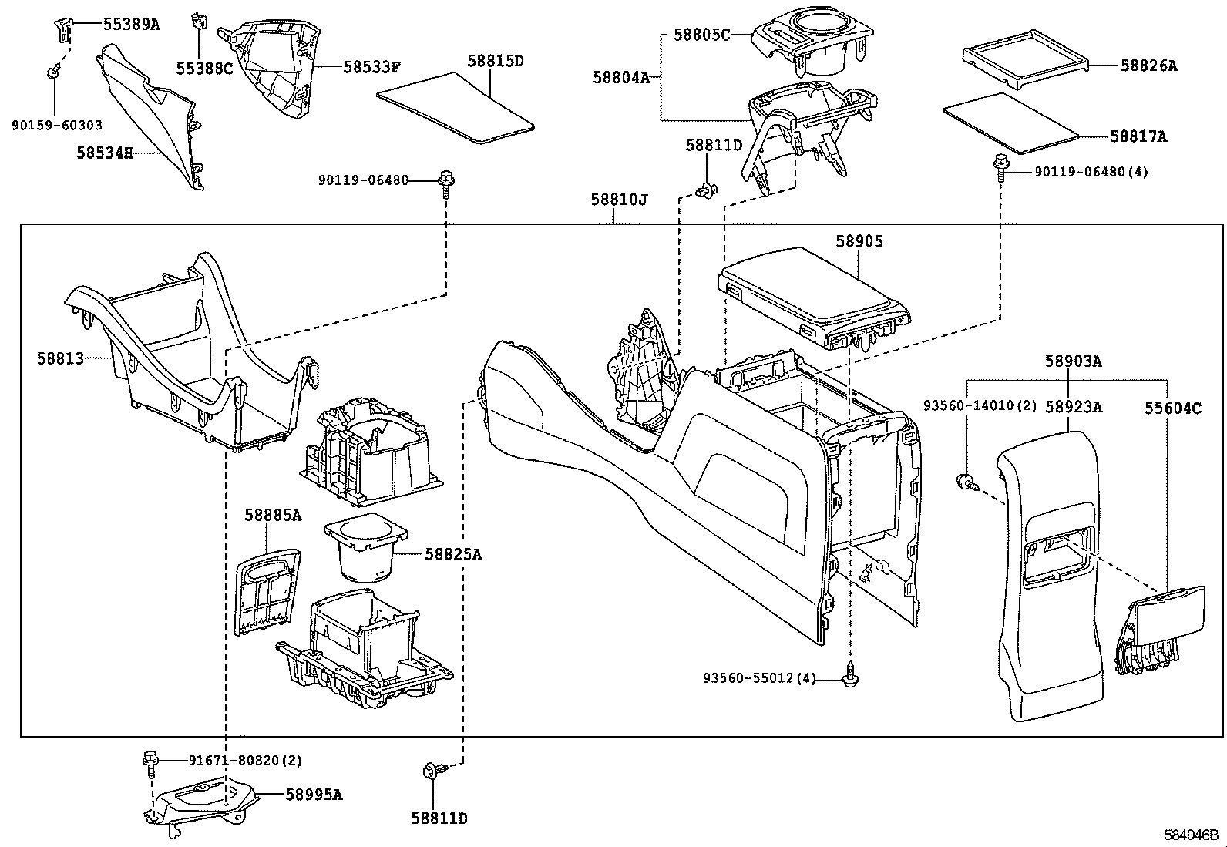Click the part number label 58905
(x=859, y=242)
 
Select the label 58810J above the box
(x=619, y=200)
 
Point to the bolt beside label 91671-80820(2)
(x=150, y=761)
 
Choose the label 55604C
(x=1172, y=408)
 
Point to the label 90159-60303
(x=57, y=125)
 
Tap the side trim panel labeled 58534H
(x=154, y=116)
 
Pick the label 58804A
(x=621, y=77)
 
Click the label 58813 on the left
(x=60, y=358)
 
